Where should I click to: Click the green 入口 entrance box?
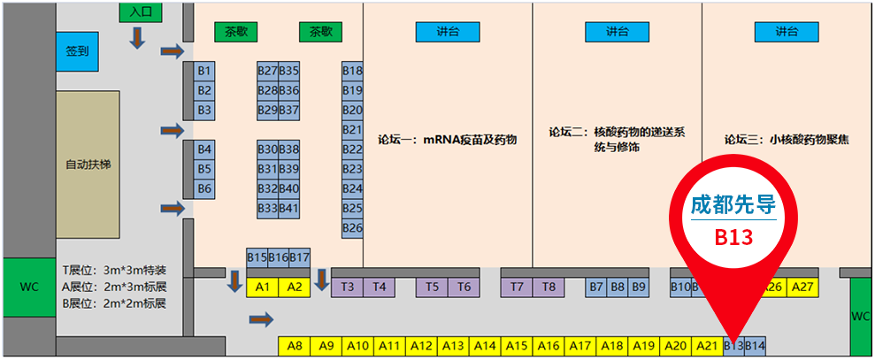click(140, 11)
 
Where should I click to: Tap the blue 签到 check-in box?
click(77, 51)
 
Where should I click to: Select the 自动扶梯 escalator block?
click(88, 165)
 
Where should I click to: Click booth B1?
click(204, 72)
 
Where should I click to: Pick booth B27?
click(268, 72)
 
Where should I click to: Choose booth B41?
click(289, 209)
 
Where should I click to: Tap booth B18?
click(353, 72)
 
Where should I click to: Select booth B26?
click(353, 228)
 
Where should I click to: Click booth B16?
click(279, 258)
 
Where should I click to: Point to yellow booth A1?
click(262, 287)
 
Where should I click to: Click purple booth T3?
click(347, 287)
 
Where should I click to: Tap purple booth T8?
click(549, 287)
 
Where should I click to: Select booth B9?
click(639, 287)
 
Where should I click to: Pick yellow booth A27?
click(803, 287)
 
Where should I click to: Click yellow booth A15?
click(517, 346)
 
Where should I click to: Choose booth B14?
click(755, 346)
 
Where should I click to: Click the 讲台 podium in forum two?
click(618, 32)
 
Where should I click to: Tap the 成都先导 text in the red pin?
click(733, 205)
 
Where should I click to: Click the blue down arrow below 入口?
click(137, 37)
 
